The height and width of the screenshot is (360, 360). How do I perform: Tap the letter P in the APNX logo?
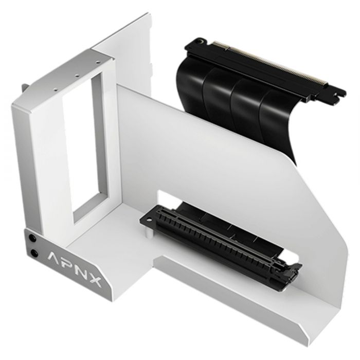pyautogui.click(x=71, y=265)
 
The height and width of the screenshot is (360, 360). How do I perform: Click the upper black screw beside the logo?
pyautogui.click(x=34, y=238)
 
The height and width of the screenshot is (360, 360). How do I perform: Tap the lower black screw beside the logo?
pyautogui.click(x=34, y=253)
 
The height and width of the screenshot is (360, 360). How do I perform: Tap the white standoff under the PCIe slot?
pyautogui.click(x=149, y=232)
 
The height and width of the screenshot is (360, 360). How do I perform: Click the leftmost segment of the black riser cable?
pyautogui.click(x=191, y=82)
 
